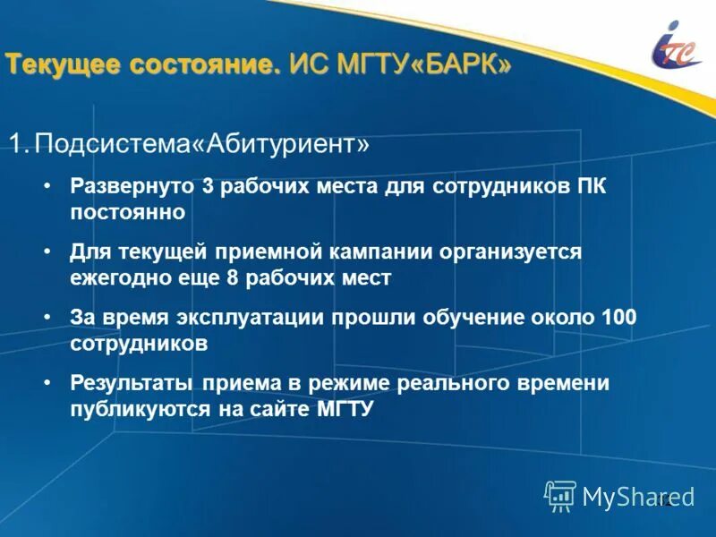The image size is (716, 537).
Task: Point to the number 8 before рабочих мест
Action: tap(233, 277)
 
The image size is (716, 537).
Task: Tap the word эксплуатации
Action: tap(239, 319)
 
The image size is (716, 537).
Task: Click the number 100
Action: tap(618, 319)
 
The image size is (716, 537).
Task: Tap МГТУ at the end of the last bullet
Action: tap(344, 409)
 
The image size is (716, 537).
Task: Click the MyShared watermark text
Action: tap(638, 496)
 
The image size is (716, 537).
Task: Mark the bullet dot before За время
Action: tap(47, 319)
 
